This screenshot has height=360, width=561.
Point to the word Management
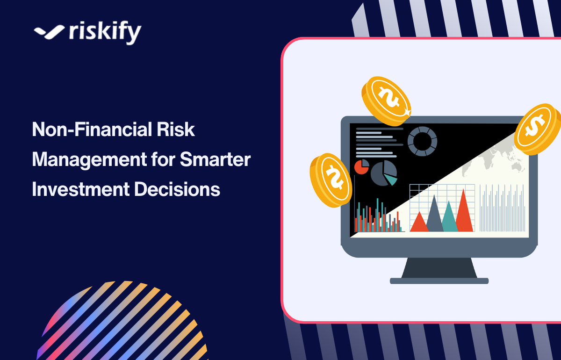coord(82,160)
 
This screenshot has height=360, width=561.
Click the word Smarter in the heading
coord(215,160)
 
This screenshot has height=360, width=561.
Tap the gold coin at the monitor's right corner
coord(538,128)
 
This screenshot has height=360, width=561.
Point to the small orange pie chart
coord(361,166)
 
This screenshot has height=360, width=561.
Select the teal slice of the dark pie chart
coord(391,180)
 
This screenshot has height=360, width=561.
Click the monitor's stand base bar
coord(439,281)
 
